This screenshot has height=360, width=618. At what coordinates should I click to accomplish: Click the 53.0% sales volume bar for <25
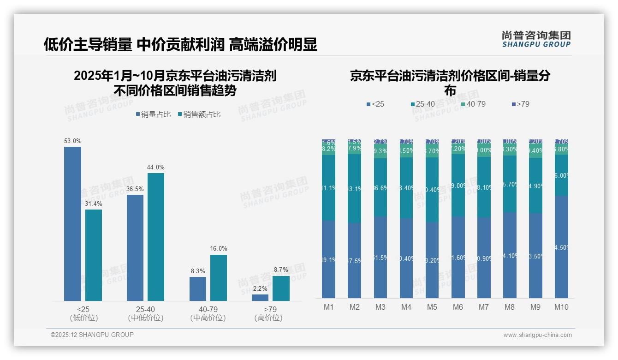(x=72, y=224)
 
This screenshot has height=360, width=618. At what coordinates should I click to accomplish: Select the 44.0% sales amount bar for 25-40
(x=155, y=237)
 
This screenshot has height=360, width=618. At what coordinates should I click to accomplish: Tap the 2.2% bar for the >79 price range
(x=260, y=298)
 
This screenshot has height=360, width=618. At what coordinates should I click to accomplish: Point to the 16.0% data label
(x=219, y=248)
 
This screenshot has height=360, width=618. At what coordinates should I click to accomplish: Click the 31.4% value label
(x=93, y=204)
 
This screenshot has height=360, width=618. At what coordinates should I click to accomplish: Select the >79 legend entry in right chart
(x=521, y=104)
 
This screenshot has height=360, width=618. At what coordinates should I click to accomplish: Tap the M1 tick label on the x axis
(x=329, y=307)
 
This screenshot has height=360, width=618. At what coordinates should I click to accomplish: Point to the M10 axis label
(x=561, y=307)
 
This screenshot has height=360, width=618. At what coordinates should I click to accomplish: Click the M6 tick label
(x=458, y=307)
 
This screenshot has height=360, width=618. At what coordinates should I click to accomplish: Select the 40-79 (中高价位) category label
(x=208, y=313)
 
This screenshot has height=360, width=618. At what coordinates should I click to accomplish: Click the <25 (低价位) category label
(x=83, y=313)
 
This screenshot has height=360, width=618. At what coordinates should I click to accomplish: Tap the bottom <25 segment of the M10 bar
(x=561, y=247)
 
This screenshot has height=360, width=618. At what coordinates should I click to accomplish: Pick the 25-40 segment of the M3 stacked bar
(x=380, y=187)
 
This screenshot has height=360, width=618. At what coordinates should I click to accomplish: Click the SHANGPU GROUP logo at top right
(x=536, y=39)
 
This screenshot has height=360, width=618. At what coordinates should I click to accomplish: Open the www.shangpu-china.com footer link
(x=537, y=335)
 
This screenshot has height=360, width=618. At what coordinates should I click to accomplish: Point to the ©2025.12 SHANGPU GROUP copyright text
(x=92, y=335)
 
